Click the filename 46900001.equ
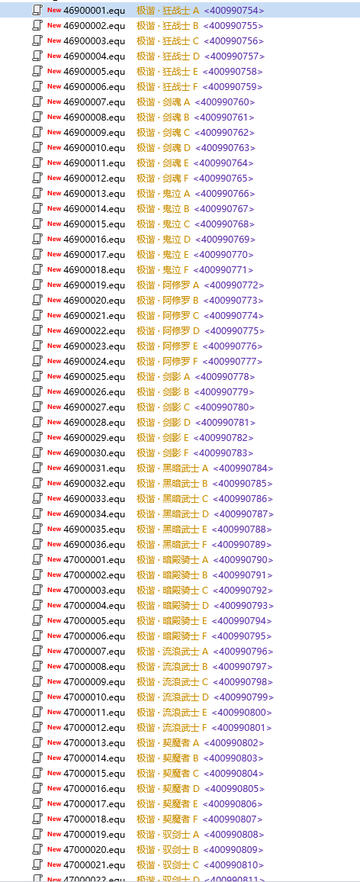pyautogui.click(x=95, y=10)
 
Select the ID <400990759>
pyautogui.click(x=233, y=87)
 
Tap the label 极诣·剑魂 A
pyautogui.click(x=164, y=101)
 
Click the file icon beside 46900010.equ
pyautogui.click(x=37, y=147)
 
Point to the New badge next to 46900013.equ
pyautogui.click(x=54, y=193)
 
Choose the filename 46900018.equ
pyautogui.click(x=95, y=269)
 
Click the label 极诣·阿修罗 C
pyautogui.click(x=169, y=316)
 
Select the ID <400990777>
pyautogui.click(x=233, y=361)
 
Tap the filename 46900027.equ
pyautogui.click(x=95, y=407)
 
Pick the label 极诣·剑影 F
pyautogui.click(x=163, y=452)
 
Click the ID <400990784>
pyautogui.click(x=243, y=468)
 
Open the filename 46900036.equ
pyautogui.click(x=95, y=544)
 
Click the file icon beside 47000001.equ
pyautogui.click(x=37, y=559)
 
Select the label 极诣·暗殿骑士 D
pyautogui.click(x=172, y=605)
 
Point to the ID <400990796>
pyautogui.click(x=243, y=651)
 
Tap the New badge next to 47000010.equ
pyautogui.click(x=54, y=697)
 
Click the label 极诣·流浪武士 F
pyautogui.click(x=172, y=727)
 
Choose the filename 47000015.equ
pyautogui.click(x=95, y=773)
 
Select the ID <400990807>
pyautogui.click(x=233, y=819)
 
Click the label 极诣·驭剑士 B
pyautogui.click(x=168, y=849)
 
